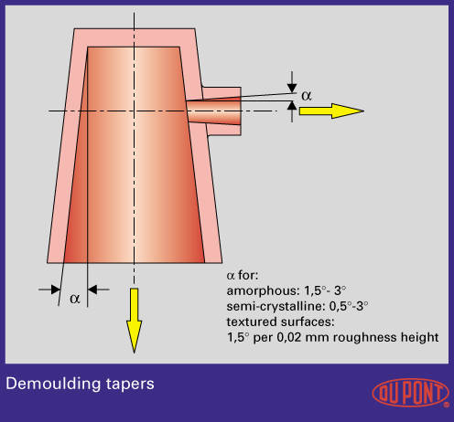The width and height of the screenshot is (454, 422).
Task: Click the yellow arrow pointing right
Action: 331,111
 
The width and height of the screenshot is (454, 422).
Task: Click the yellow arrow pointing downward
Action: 134,321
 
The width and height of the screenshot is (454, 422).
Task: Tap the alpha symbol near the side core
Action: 307,96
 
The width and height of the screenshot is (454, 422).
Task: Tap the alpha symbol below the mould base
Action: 75,298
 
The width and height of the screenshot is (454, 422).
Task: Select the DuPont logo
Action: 411,393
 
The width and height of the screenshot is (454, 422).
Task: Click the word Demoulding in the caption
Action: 53,384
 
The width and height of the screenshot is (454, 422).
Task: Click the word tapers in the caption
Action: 130,385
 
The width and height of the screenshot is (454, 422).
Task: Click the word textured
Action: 252,322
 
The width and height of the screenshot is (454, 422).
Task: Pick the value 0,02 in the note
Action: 289,338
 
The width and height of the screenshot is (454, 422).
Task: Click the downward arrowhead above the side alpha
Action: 292,88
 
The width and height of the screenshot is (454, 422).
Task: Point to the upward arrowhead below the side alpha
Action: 292,106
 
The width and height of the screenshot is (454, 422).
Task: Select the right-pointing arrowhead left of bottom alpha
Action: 56,290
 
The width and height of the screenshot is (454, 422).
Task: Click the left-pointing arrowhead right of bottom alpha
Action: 92,290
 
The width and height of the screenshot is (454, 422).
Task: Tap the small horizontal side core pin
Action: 214,111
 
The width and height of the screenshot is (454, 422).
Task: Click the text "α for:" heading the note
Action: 243,276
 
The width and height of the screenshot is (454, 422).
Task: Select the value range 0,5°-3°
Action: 349,306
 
